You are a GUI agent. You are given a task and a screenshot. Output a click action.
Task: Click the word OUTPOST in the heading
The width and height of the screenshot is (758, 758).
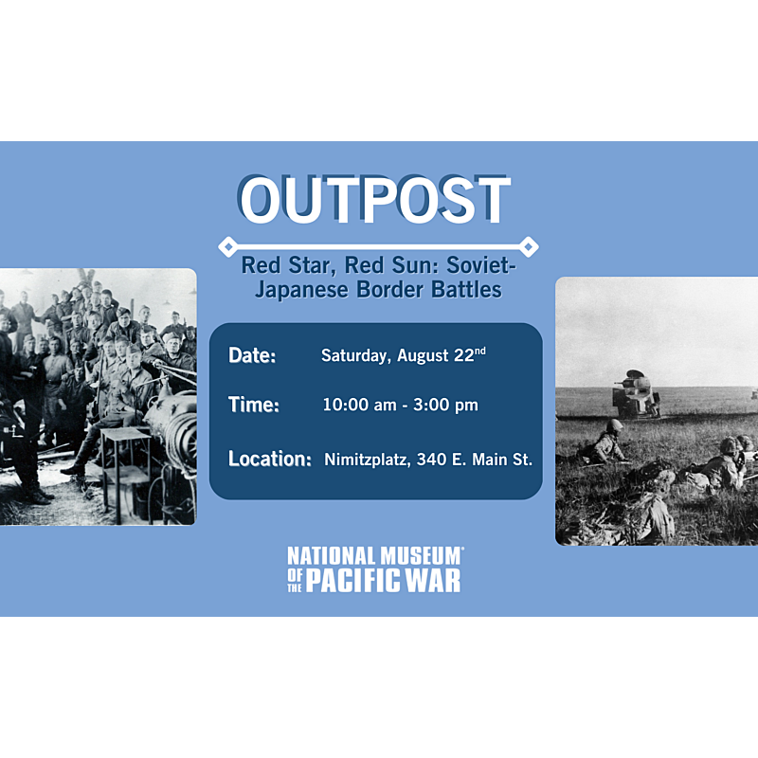click(373, 199)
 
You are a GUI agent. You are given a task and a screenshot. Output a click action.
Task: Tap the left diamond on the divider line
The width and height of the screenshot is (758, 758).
click(227, 246)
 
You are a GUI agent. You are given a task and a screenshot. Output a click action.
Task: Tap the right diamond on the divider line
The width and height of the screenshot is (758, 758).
click(529, 246)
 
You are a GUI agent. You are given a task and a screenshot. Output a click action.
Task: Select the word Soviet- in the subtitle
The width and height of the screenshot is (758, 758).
click(481, 265)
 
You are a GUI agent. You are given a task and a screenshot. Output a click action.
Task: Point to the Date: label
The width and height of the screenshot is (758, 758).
click(252, 355)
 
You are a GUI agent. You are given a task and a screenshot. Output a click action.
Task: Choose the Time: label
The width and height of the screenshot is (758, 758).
click(253, 405)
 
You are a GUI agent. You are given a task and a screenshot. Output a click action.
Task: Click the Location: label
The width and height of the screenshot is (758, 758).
click(270, 459)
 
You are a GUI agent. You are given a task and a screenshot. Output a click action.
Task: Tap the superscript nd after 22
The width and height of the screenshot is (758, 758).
click(479, 351)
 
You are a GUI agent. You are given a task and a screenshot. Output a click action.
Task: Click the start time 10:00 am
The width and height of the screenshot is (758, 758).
click(359, 405)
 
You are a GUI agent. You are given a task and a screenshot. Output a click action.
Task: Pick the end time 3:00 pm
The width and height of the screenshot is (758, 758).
click(445, 405)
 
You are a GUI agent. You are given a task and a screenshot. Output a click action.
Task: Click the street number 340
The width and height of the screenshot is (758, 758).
click(431, 460)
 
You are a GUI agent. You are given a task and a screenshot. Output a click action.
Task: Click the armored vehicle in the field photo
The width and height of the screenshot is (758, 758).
click(636, 394)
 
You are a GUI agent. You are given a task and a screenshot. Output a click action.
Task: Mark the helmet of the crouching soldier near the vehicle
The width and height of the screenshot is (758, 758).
click(615, 425)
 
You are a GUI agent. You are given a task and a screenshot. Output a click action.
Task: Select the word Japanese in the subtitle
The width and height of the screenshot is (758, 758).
click(301, 290)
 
